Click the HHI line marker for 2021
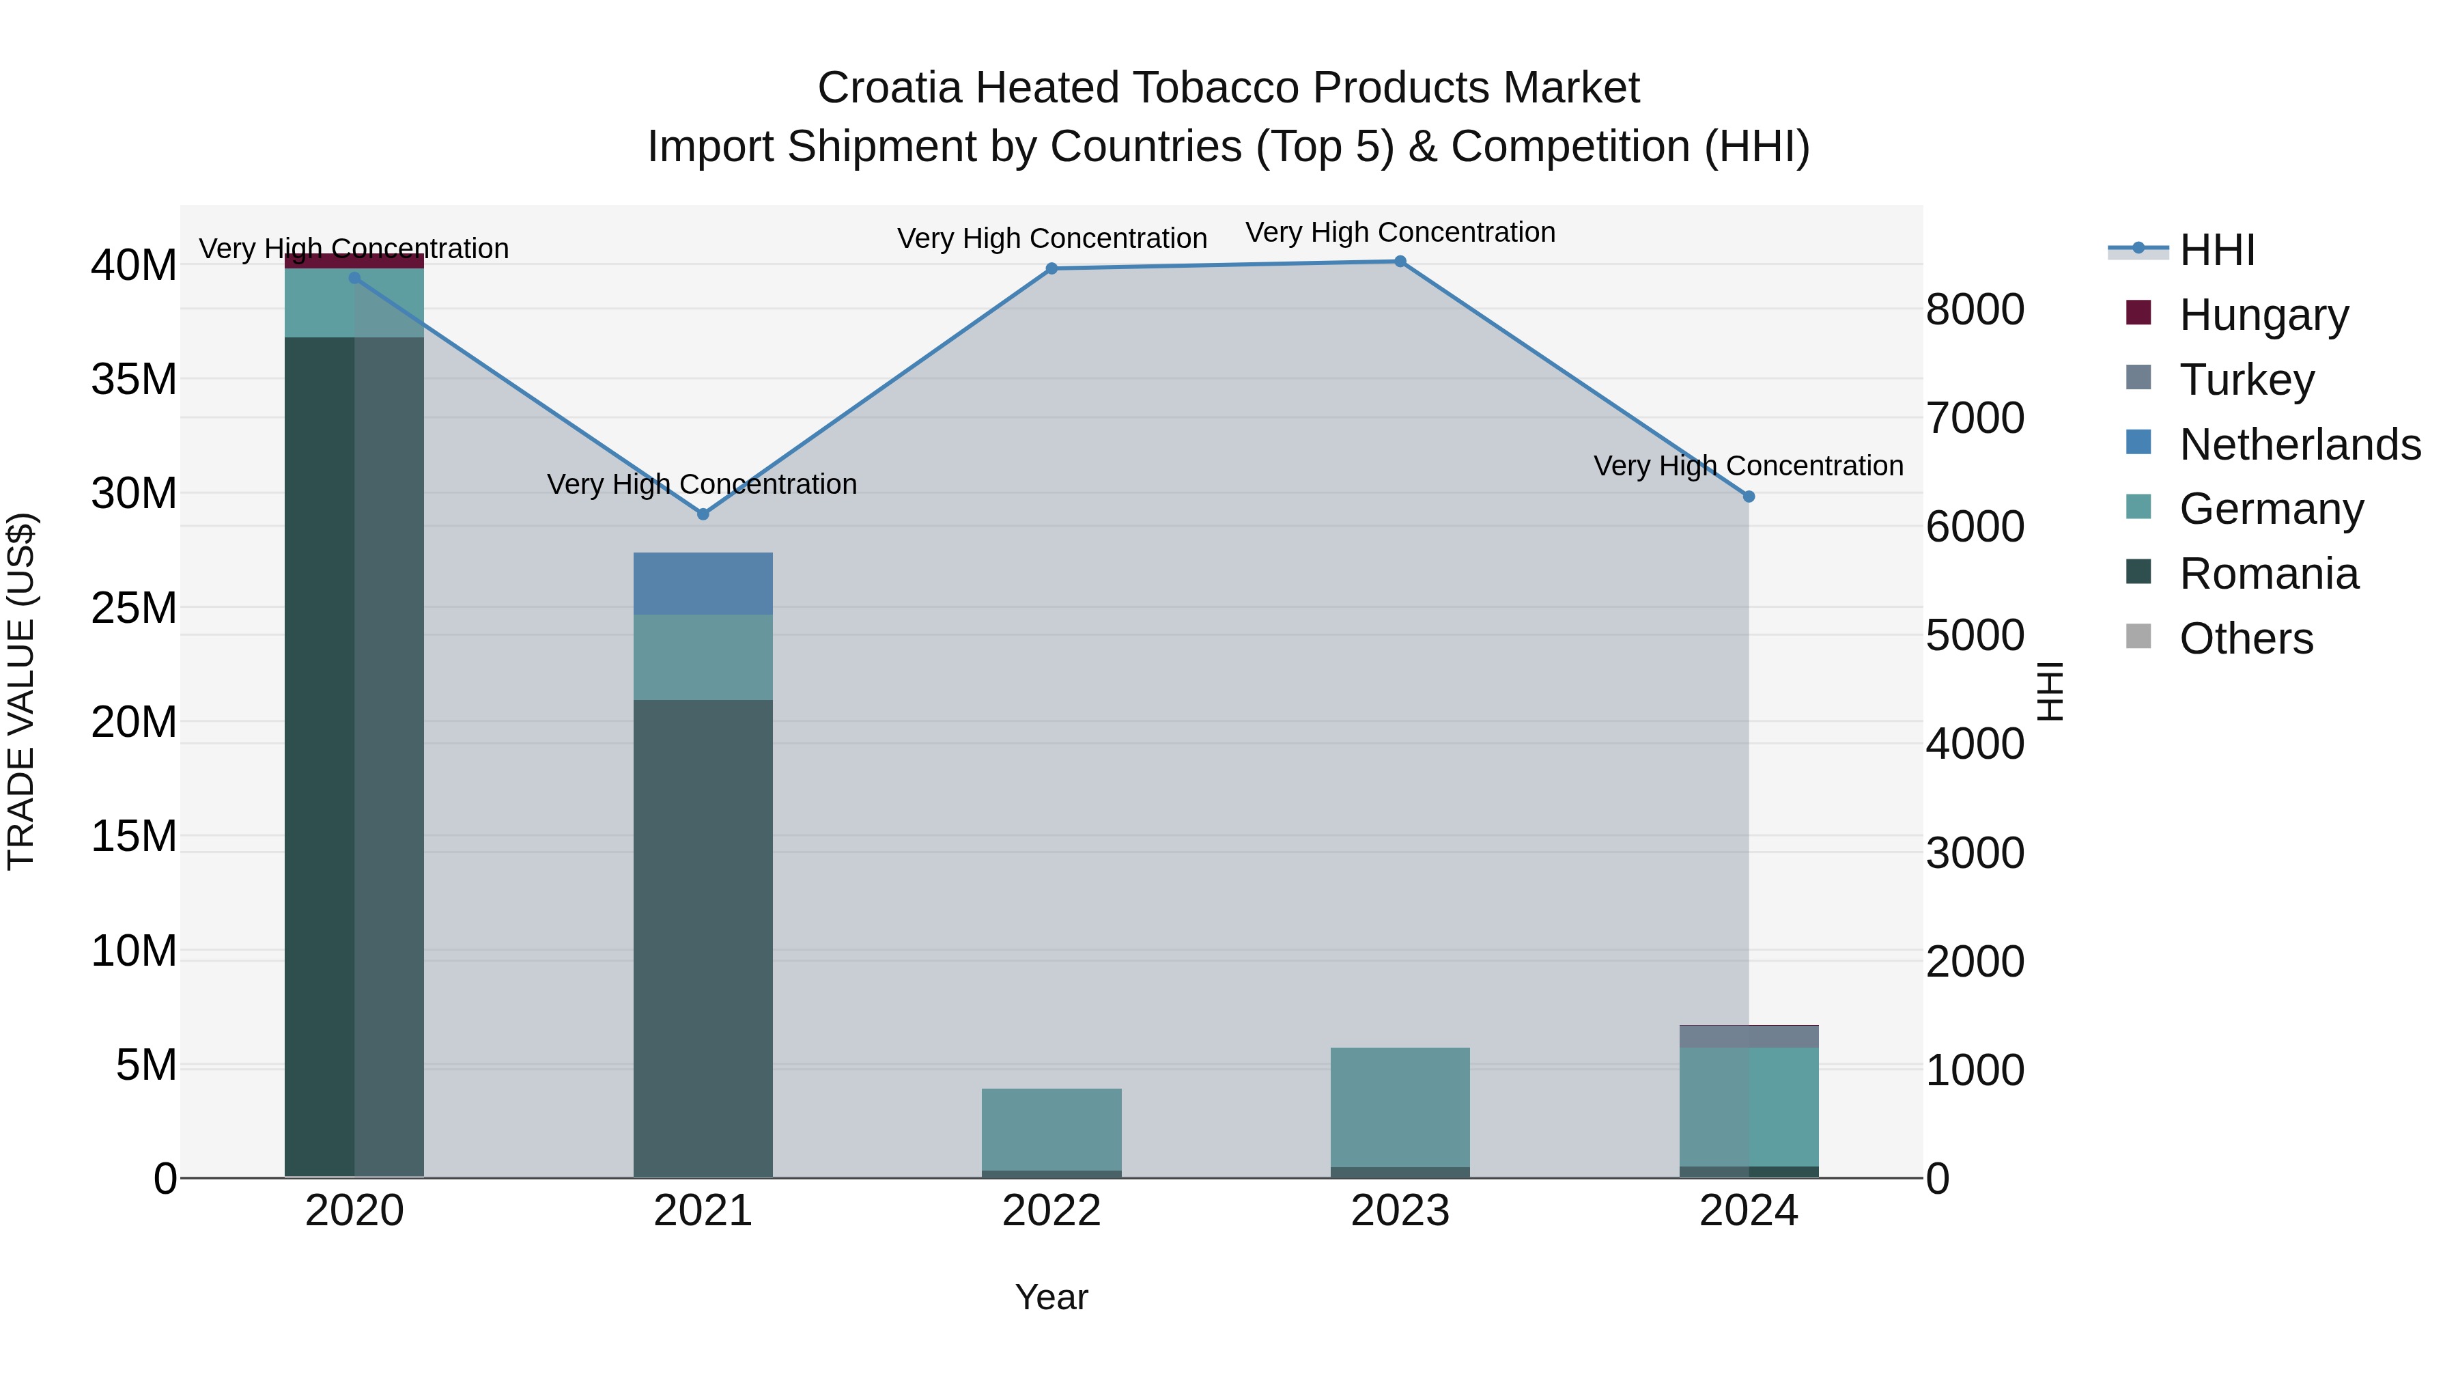(703, 514)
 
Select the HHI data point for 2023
(1400, 262)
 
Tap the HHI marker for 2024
(1748, 497)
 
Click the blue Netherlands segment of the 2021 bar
(703, 583)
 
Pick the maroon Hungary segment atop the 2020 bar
(354, 261)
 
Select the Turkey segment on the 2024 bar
(1748, 1037)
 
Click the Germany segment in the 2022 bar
(1051, 1129)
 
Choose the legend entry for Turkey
(2246, 380)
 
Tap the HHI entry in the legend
(2216, 250)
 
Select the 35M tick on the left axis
(134, 380)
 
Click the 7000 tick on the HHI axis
(1974, 418)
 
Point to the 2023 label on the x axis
(1400, 1211)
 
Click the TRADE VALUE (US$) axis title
(21, 691)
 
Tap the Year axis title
(1051, 1297)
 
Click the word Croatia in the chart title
(888, 88)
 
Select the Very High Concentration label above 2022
(1051, 238)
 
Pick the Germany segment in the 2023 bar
(1400, 1107)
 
